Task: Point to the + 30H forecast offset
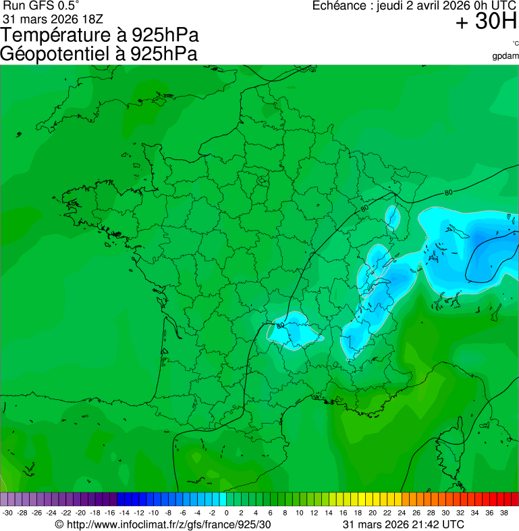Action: click(x=486, y=22)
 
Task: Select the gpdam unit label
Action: click(x=506, y=55)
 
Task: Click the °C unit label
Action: click(x=515, y=44)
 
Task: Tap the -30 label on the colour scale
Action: click(x=7, y=513)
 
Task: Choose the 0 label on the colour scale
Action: click(x=226, y=513)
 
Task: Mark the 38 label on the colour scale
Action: click(x=503, y=513)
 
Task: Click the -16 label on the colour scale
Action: click(x=109, y=513)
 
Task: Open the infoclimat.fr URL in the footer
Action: click(x=169, y=524)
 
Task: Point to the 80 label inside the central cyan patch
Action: click(x=280, y=326)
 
